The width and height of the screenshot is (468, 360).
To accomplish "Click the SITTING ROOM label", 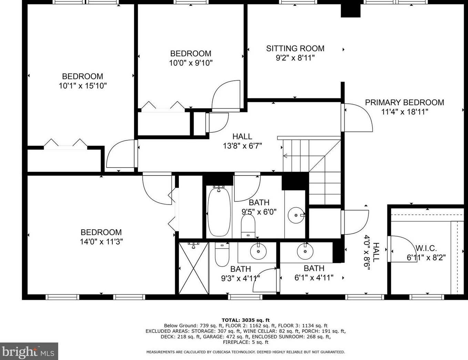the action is point(295,49).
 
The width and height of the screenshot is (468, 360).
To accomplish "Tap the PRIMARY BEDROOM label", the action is point(405,102).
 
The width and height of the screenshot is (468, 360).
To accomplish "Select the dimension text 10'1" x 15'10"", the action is point(83,86).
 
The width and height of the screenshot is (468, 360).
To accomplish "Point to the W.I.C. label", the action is point(426,248).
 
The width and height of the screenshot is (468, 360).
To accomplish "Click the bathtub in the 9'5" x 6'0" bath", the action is point(219,212).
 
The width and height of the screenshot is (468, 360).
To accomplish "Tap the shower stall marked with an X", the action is point(194,268).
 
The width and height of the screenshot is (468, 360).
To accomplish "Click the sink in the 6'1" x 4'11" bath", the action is point(305,251).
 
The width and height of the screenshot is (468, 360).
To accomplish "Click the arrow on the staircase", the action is point(304,156).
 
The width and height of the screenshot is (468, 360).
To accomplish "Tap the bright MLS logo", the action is point(29,351).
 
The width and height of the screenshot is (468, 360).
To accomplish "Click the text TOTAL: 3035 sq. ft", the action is point(245,320).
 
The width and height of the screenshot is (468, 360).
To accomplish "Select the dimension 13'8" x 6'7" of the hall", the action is point(242,146).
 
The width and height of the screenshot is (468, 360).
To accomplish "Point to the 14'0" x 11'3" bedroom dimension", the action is point(101,242).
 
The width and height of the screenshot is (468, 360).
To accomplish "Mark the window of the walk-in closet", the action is point(427,297).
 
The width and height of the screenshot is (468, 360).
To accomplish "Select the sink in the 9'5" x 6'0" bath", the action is point(296,215).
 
